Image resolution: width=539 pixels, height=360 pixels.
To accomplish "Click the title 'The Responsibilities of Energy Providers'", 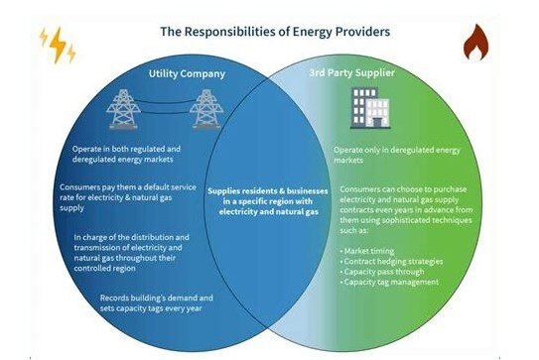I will coord(268,31).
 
